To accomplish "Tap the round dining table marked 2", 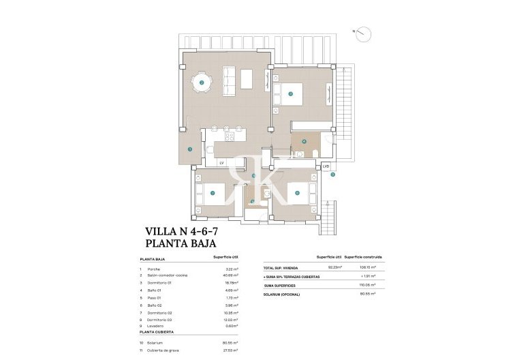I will click(202, 83).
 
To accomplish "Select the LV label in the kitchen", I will click(222, 162).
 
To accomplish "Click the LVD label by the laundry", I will click(326, 166).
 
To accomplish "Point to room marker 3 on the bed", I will click(290, 94).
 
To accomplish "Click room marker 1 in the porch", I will click(190, 149).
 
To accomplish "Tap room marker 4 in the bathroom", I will click(305, 142).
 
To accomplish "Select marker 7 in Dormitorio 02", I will click(213, 193).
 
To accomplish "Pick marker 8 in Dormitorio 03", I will click(297, 193).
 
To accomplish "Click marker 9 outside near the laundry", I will click(333, 175).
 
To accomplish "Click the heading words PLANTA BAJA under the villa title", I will click(181, 243).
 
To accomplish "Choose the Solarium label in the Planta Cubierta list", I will click(158, 342).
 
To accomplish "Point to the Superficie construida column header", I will click(363, 257).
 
